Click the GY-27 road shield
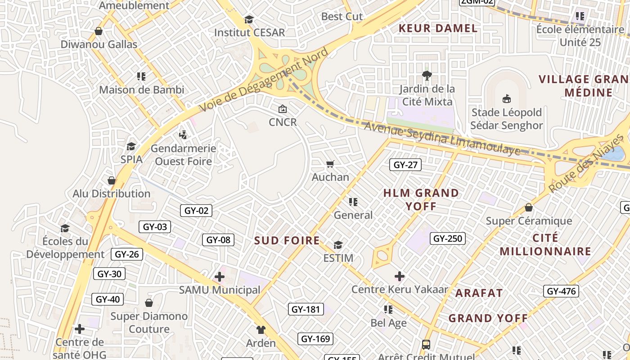tap(405, 165)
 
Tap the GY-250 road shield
tap(448, 238)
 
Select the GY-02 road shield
tap(197, 210)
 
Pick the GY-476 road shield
tap(561, 291)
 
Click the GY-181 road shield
tap(306, 309)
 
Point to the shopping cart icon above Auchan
tap(330, 164)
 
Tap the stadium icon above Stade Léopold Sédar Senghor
tap(507, 99)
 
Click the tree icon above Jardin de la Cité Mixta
tap(427, 75)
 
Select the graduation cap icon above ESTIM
tap(338, 245)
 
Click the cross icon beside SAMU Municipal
tap(220, 277)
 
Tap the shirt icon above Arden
tap(261, 330)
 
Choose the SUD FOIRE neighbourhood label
tap(287, 240)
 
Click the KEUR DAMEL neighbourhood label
tap(438, 28)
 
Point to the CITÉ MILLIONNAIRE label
tap(545, 244)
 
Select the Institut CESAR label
tap(249, 32)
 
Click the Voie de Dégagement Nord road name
tap(264, 80)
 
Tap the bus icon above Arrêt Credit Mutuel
tap(426, 345)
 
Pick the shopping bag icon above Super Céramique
tap(529, 207)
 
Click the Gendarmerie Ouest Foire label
tap(183, 154)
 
